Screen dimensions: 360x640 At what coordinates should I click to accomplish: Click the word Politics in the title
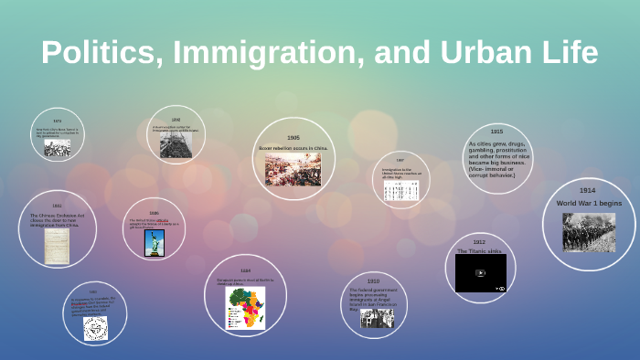point(94,52)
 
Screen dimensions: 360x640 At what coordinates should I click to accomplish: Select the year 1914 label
point(587,191)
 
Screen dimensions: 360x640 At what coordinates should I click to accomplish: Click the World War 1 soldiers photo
point(588,232)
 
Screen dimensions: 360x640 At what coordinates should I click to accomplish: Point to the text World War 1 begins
point(588,203)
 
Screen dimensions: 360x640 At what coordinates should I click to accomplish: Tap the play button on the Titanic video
point(480,272)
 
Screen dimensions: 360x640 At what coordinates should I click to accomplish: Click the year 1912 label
point(479,242)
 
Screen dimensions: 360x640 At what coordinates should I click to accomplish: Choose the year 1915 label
point(496,132)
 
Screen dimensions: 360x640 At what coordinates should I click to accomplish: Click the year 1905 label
point(293,137)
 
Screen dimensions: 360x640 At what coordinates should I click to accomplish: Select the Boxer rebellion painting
point(293,169)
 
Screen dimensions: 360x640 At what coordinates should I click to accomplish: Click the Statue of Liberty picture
point(154,242)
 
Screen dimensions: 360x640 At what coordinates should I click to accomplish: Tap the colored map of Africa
point(246,308)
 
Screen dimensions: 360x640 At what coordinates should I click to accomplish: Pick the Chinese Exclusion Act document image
point(57,246)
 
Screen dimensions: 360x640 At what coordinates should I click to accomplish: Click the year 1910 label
point(373,281)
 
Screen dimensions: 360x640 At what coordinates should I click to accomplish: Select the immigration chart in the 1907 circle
point(400,190)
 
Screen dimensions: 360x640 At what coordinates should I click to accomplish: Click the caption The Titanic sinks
point(479,250)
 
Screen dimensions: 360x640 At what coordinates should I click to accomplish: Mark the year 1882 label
point(57,206)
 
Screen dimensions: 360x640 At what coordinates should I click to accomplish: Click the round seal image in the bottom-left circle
point(95,328)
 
